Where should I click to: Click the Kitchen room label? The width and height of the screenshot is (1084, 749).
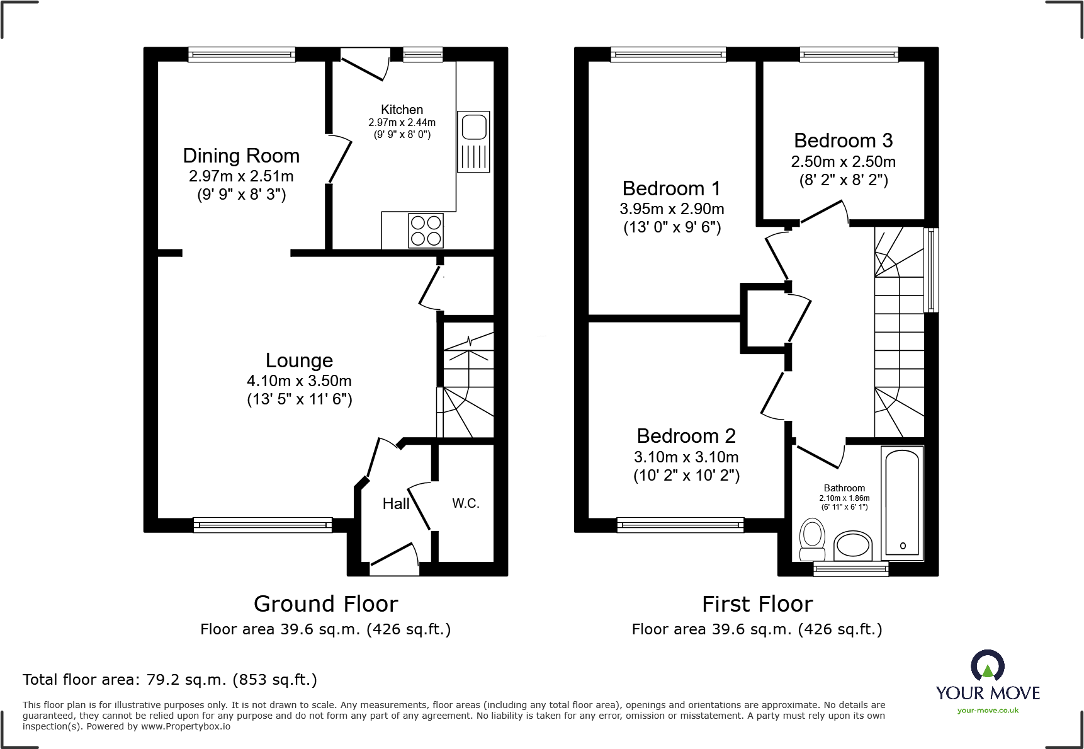[x=402, y=110]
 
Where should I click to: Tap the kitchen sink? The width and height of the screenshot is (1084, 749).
[x=473, y=142]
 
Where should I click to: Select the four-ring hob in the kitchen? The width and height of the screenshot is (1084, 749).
[x=426, y=231]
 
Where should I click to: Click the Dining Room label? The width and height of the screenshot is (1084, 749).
[x=241, y=156]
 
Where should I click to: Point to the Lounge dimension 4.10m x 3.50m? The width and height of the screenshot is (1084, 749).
[x=299, y=381]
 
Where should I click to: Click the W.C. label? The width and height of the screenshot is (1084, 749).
[x=466, y=503]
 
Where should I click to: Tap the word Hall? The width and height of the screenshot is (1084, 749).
[x=396, y=503]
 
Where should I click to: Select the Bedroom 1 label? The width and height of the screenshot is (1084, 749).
[x=671, y=188]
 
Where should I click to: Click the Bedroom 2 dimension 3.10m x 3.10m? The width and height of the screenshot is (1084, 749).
[x=686, y=457]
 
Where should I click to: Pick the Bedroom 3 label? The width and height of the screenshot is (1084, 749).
[x=843, y=140]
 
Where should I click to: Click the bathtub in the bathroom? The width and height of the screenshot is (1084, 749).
[x=903, y=503]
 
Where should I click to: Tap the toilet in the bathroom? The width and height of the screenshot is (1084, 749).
[x=812, y=539]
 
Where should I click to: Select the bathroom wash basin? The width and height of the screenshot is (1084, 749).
[x=853, y=546]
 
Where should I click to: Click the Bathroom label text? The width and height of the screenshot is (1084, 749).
[x=844, y=488]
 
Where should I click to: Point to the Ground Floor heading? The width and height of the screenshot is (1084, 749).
[x=325, y=604]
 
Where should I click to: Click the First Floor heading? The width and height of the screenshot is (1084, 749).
[x=757, y=604]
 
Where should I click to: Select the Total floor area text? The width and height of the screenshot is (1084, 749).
[x=170, y=680]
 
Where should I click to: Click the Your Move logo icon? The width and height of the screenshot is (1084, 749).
[x=987, y=665]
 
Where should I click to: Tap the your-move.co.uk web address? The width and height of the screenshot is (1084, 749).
[x=988, y=711]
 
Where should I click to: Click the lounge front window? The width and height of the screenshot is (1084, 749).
[x=263, y=525]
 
